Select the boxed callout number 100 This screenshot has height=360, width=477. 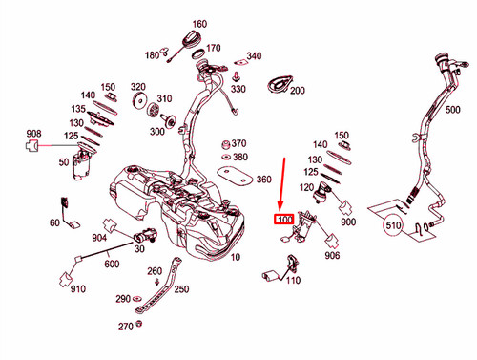pos(283,220)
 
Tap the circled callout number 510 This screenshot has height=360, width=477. pos(393,226)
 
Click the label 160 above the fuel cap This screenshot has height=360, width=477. pos(198,24)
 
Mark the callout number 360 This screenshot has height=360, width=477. pos(263,179)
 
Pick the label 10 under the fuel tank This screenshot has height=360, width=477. pos(235,258)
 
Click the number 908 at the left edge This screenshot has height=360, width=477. pos(32,133)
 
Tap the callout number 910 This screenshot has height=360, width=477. pos(76,288)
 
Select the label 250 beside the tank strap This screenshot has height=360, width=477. pos(181,289)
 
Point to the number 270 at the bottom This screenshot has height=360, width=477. pos(126,327)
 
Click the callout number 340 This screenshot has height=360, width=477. pos(254,56)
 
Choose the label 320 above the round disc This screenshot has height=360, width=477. pos(138,85)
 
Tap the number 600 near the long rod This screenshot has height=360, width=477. pos(112,265)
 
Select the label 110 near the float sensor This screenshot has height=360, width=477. pos(293,281)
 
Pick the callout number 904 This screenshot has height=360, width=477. pos(98,237)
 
